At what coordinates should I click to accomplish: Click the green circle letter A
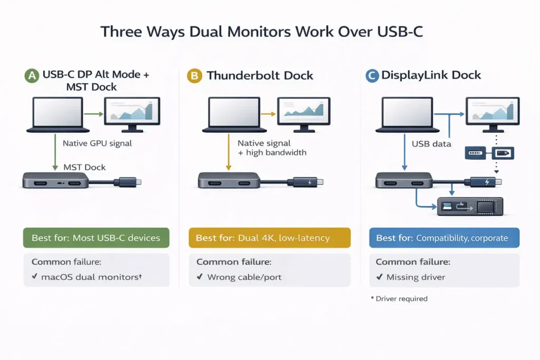pos(32,76)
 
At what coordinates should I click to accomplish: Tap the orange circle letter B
pos(195,76)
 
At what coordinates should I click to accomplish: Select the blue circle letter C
pos(372,76)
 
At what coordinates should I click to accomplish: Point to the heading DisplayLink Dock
pos(431,75)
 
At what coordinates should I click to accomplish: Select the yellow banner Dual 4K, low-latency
pos(269,238)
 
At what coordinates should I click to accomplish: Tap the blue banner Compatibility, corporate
pos(445,238)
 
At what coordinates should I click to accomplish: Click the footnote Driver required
pos(401,299)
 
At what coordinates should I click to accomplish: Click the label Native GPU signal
pos(97,143)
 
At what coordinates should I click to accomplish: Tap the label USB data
pos(431,143)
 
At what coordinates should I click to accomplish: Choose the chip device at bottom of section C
pos(471,206)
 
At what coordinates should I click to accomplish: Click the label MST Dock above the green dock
pos(84,167)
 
